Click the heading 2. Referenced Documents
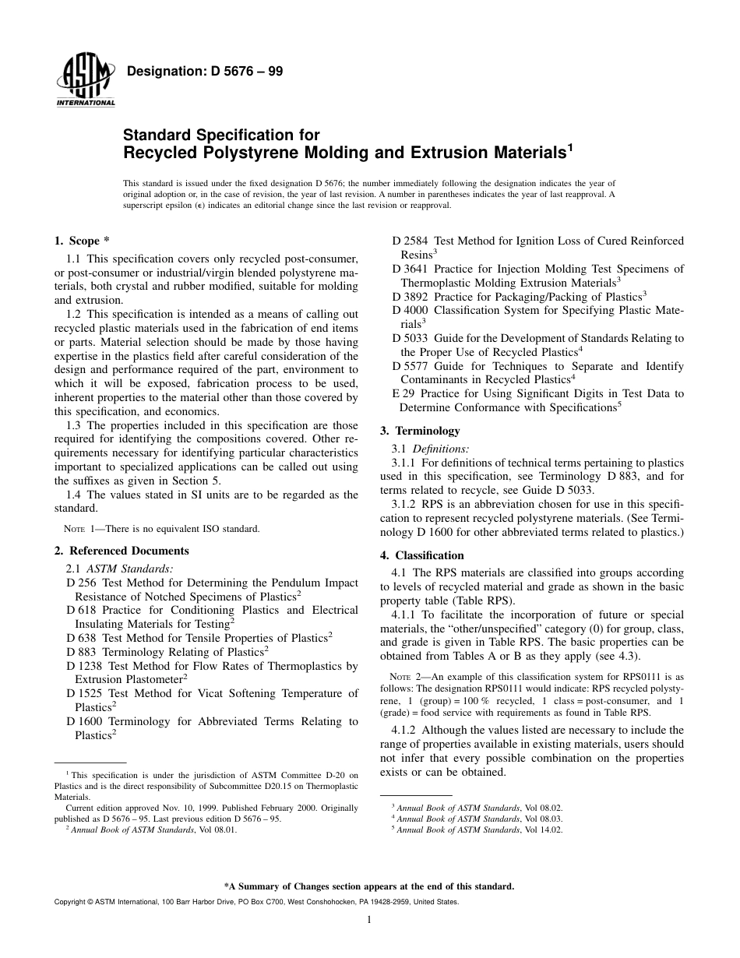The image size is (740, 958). click(122, 551)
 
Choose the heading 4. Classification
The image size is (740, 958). click(421, 555)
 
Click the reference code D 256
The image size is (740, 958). click(82, 583)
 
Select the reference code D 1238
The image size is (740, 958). click(85, 666)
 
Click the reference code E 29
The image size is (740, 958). click(402, 394)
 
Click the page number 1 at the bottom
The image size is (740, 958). click(369, 920)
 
